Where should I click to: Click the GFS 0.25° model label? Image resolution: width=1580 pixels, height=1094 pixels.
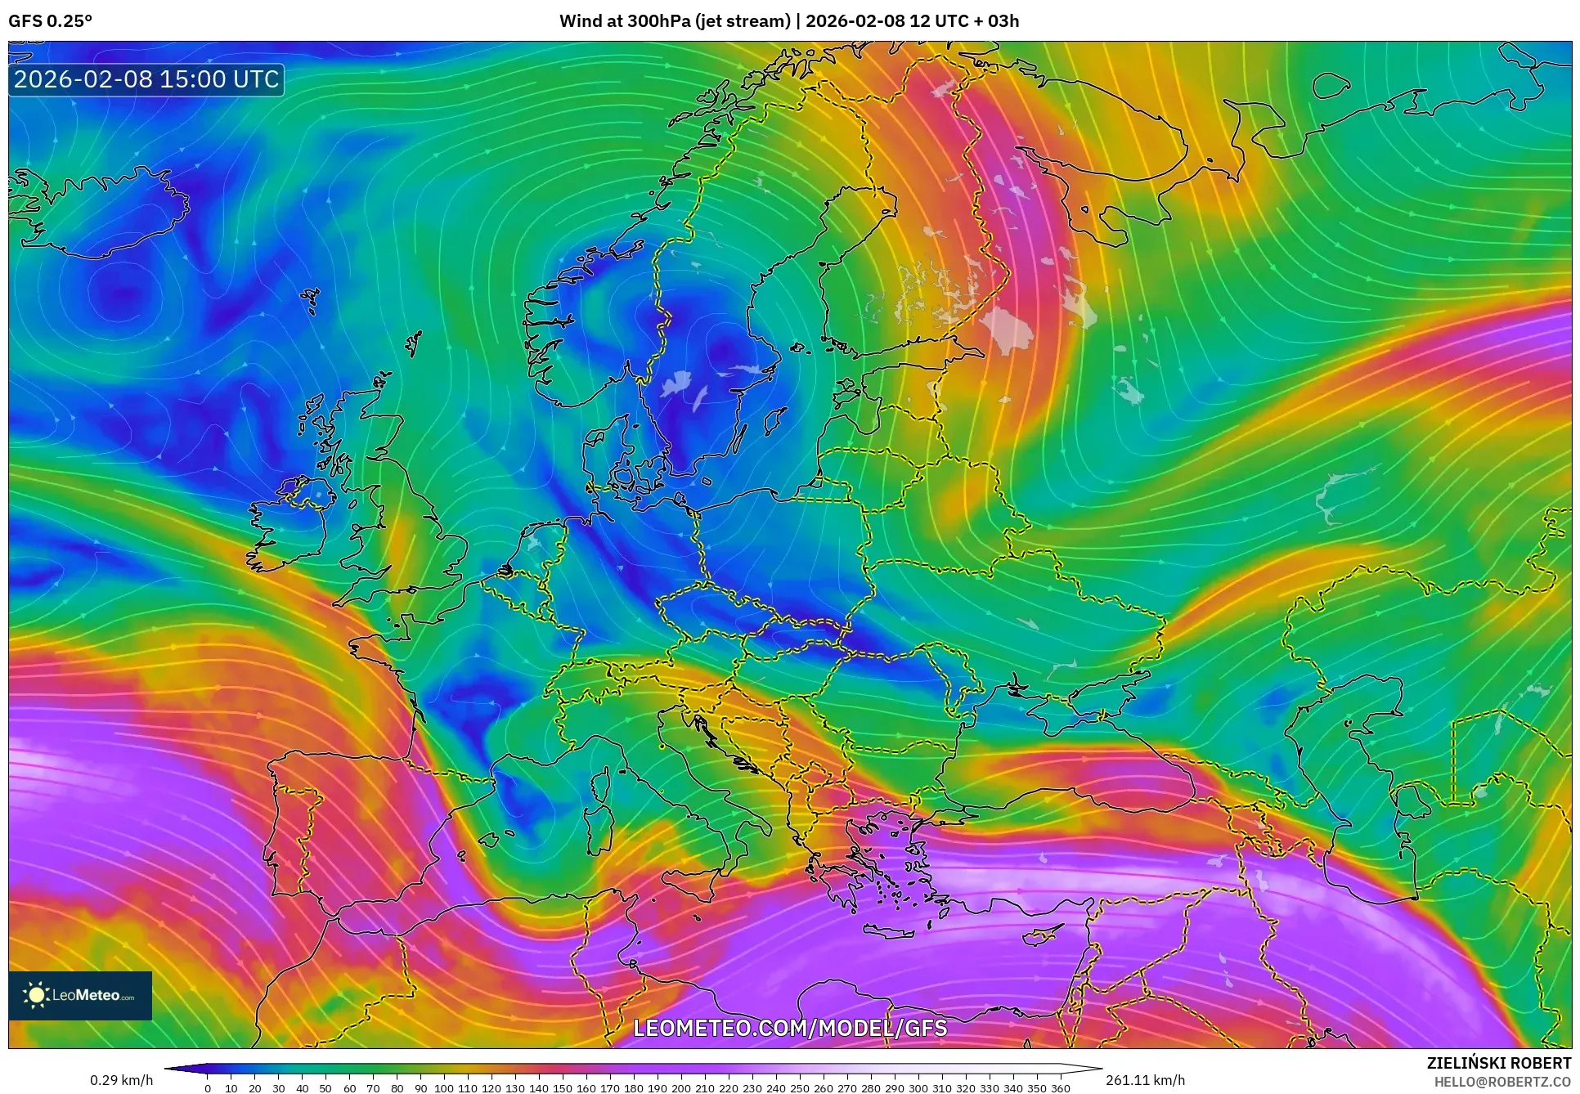(50, 21)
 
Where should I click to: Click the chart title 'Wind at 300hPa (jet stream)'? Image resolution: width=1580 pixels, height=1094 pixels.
(675, 21)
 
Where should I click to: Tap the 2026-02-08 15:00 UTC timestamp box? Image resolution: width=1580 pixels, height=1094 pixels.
(146, 79)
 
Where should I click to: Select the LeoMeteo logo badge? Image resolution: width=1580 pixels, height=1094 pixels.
(80, 995)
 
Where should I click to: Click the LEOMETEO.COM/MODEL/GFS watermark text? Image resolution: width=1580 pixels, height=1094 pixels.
(790, 1028)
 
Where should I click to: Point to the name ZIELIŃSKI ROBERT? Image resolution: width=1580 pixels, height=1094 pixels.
(1498, 1063)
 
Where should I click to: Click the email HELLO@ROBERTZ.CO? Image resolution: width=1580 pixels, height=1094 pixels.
(1502, 1082)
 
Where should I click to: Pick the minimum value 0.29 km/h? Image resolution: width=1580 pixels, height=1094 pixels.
(121, 1080)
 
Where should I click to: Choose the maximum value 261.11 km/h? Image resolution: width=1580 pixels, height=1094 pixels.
(1145, 1080)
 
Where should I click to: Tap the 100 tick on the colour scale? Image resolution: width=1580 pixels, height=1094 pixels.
(443, 1087)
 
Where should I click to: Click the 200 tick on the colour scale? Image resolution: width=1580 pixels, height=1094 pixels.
(680, 1087)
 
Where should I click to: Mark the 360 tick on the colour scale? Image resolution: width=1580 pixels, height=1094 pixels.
(1060, 1087)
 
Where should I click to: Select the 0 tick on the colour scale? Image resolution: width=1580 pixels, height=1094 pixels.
(208, 1087)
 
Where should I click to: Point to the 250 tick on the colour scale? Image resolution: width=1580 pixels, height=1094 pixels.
(799, 1087)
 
